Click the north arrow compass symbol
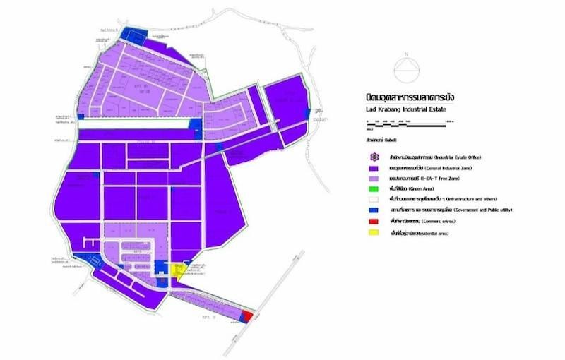tap(405, 68)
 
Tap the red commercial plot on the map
tap(246, 314)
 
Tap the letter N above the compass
tap(405, 54)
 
